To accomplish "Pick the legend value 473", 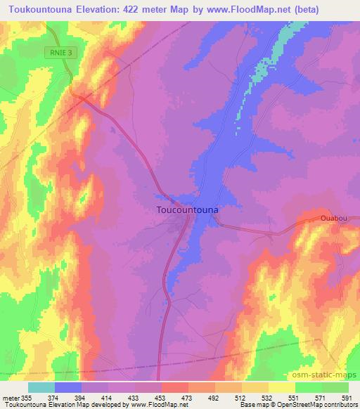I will [188, 397].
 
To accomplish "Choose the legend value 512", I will [241, 397].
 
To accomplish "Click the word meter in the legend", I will [9, 397].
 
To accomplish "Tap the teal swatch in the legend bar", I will [41, 387].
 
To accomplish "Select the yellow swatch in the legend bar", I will [281, 387].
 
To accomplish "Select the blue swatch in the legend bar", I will [68, 387].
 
